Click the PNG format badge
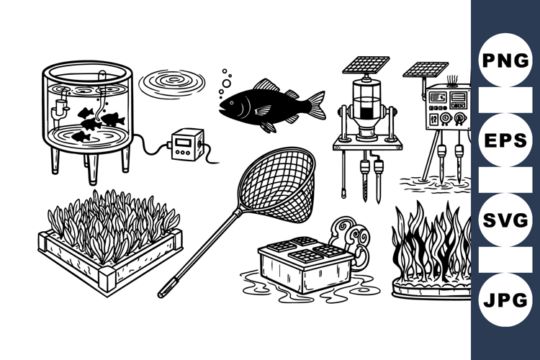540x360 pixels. point(505,60)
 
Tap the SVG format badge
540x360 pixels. point(505,220)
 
